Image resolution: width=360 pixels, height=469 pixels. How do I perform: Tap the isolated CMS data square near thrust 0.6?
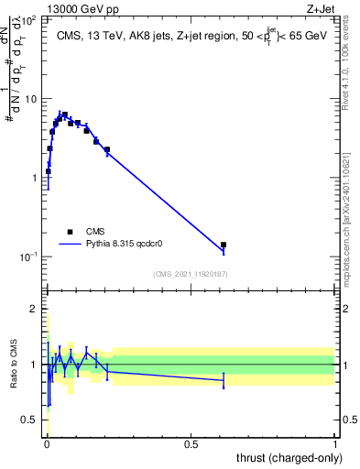click(x=224, y=245)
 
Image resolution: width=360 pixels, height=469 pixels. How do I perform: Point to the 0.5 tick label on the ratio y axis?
click(x=33, y=420)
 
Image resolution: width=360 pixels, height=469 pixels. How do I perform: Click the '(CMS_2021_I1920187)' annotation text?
click(x=191, y=274)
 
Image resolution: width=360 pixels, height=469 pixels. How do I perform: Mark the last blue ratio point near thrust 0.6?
click(x=224, y=379)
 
